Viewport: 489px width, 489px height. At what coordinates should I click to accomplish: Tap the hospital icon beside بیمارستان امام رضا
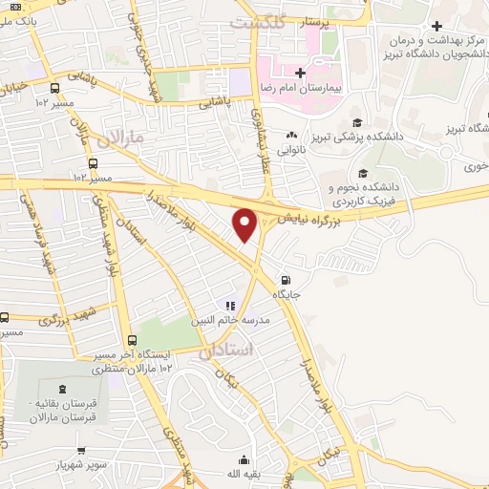pyautogui.click(x=299, y=73)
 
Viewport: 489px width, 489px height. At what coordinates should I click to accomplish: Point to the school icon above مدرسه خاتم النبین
pyautogui.click(x=230, y=307)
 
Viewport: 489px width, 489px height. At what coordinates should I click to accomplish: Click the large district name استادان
pyautogui.click(x=227, y=351)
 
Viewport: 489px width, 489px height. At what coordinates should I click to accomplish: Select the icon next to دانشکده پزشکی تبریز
pyautogui.click(x=358, y=121)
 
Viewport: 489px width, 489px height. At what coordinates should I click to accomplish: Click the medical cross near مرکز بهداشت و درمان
pyautogui.click(x=437, y=25)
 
